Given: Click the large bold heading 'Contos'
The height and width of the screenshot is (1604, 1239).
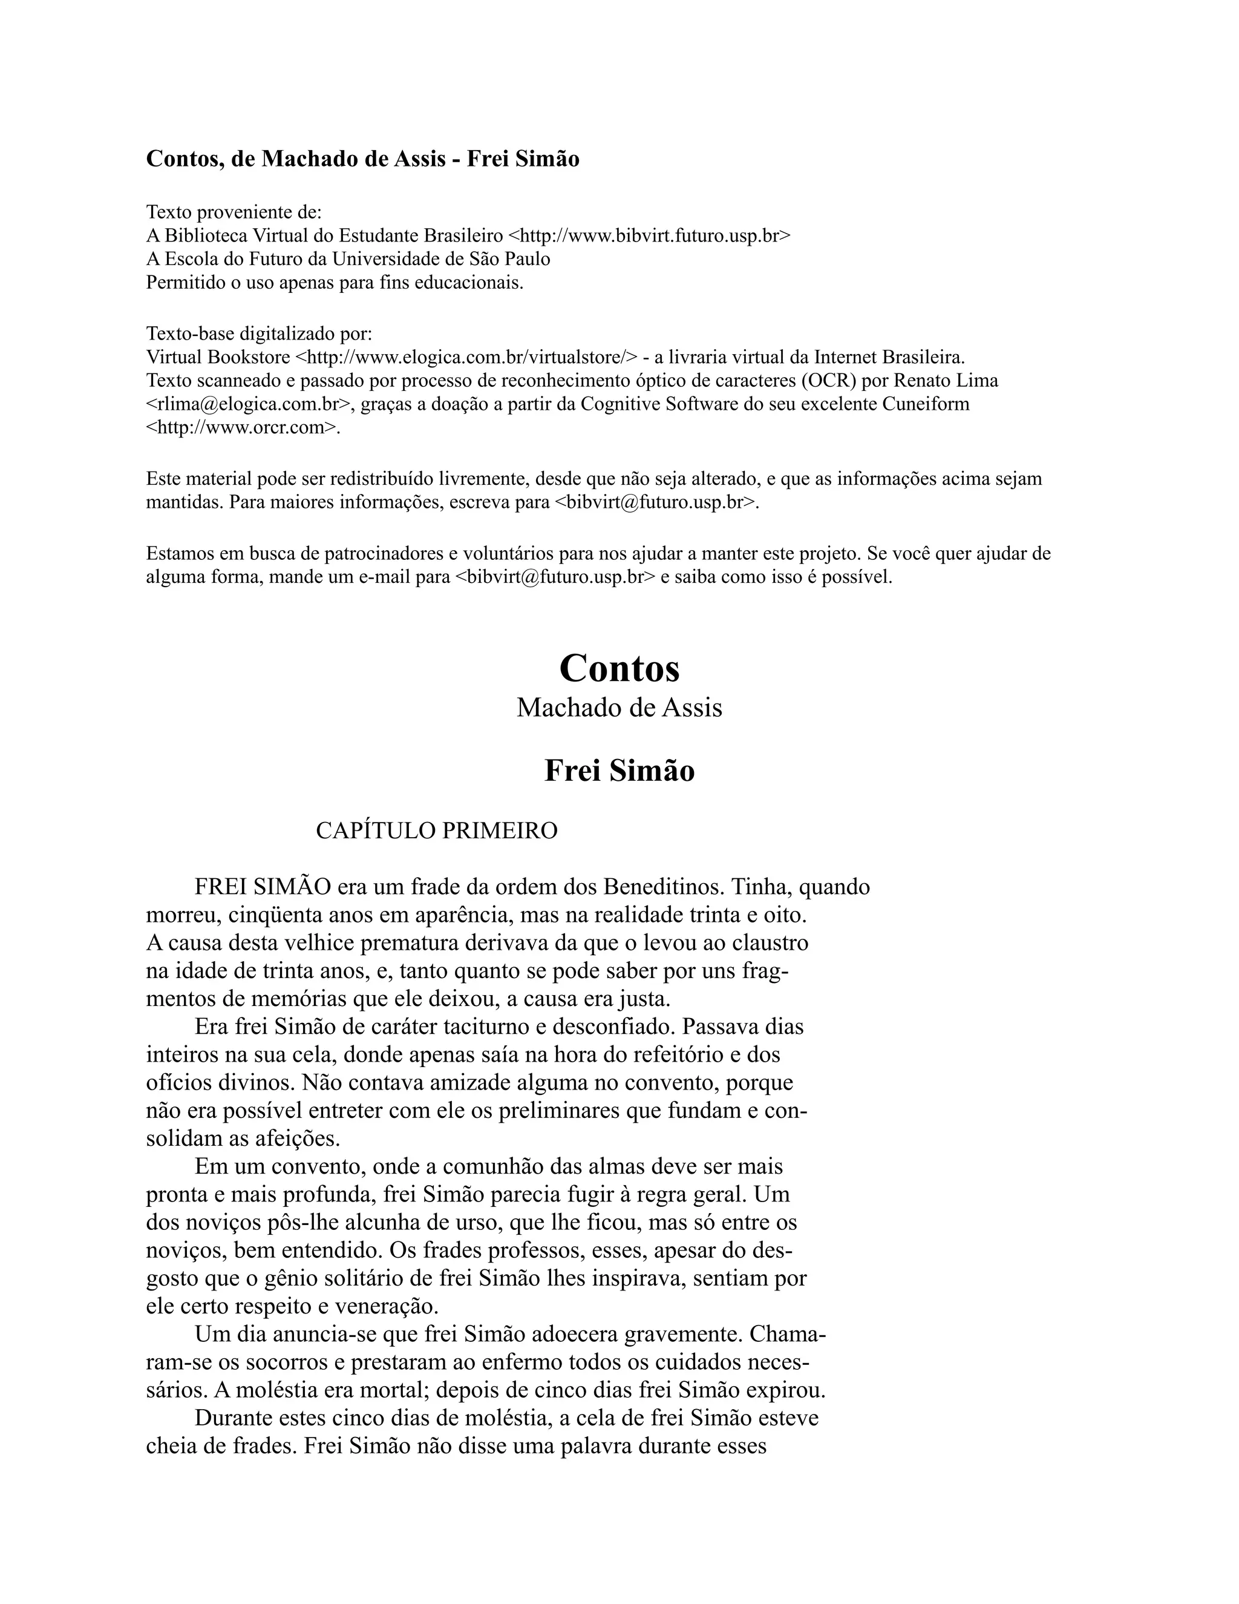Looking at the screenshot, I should click(619, 668).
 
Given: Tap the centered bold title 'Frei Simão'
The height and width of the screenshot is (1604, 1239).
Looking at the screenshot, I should click(619, 771).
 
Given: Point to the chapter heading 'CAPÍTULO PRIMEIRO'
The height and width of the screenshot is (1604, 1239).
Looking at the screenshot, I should click(436, 830).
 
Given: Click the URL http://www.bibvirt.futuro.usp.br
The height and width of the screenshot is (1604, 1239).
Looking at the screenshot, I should click(650, 235).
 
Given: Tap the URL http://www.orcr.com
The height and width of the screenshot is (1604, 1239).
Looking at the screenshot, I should click(241, 427).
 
